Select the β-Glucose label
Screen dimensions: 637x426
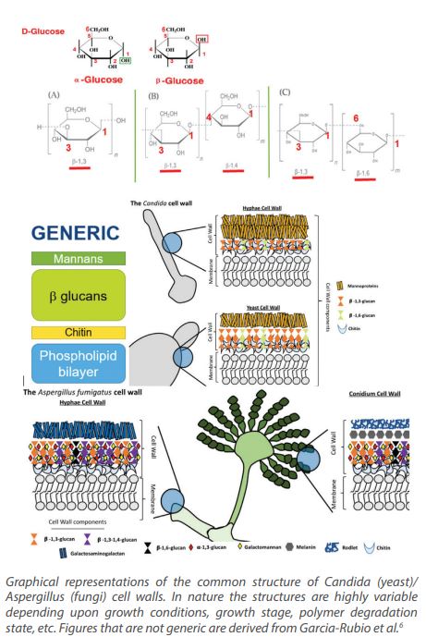(179, 79)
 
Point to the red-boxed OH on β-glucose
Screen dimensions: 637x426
(201, 40)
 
